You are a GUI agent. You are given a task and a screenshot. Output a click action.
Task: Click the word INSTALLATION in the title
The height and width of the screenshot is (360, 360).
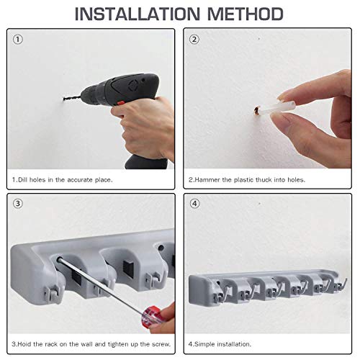point(138,14)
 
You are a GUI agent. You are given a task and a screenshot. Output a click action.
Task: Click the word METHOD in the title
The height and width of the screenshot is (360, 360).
point(246,14)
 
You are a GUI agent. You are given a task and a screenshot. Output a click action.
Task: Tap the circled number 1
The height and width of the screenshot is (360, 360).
point(18,40)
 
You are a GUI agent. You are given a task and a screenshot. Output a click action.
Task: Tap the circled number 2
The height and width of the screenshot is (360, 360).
point(194,40)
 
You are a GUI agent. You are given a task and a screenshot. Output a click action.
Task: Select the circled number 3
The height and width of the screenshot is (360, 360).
point(18,204)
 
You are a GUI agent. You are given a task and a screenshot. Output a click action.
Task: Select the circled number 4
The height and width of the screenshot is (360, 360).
point(194,204)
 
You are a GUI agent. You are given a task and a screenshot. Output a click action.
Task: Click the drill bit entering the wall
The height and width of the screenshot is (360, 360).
point(73,98)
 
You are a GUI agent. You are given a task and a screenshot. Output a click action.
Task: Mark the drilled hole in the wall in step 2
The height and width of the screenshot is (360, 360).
point(256,110)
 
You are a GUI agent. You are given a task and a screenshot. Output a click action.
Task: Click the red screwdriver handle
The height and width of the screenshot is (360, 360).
point(150,316)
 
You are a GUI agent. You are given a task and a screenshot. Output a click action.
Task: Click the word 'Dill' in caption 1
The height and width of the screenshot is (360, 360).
point(23,180)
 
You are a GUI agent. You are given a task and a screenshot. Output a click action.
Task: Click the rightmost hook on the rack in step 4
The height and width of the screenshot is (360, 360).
point(341,284)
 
